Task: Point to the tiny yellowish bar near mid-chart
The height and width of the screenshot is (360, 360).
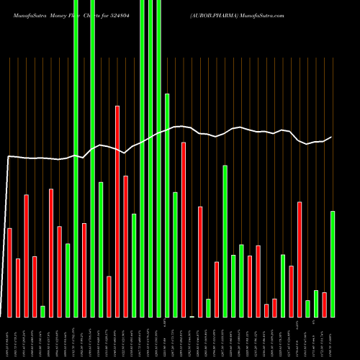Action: click(x=192, y=316)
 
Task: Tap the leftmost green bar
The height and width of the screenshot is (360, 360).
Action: click(x=42, y=311)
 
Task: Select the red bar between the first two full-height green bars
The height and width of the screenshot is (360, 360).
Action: click(x=84, y=270)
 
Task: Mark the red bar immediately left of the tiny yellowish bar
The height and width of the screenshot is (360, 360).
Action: click(x=184, y=230)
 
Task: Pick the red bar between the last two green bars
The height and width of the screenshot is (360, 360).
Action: click(x=324, y=305)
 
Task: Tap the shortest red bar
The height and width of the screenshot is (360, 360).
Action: click(x=266, y=310)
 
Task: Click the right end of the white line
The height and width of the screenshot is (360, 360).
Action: click(x=331, y=137)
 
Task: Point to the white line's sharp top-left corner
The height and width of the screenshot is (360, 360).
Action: click(x=9, y=156)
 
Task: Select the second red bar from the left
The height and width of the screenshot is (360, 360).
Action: click(x=18, y=287)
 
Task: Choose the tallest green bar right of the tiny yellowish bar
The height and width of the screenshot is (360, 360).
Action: click(x=225, y=241)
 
